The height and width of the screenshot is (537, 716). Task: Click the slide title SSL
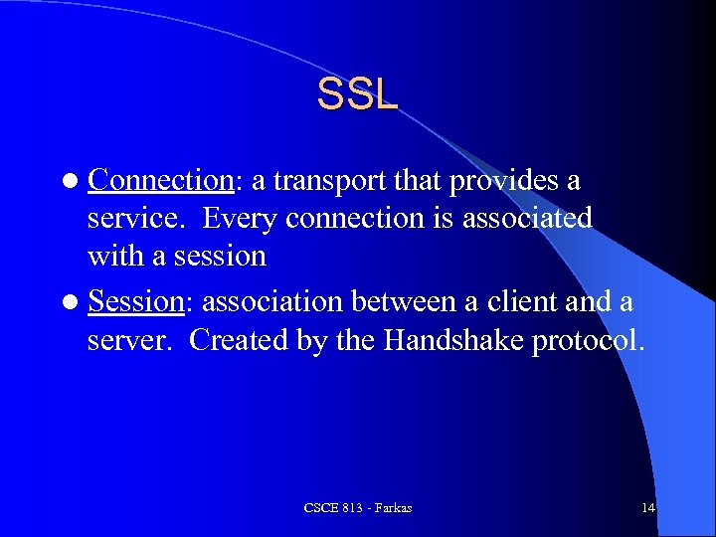pyautogui.click(x=357, y=94)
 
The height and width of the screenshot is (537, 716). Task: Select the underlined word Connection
pyautogui.click(x=159, y=181)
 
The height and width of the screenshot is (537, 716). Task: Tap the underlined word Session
pyautogui.click(x=136, y=301)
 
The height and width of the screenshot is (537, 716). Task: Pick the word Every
pyautogui.click(x=243, y=218)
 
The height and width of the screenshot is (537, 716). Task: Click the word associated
pyautogui.click(x=529, y=218)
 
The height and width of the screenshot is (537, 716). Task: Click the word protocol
pyautogui.click(x=589, y=340)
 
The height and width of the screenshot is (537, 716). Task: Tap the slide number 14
pyautogui.click(x=647, y=508)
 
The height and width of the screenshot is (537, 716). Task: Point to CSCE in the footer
pyautogui.click(x=319, y=508)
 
